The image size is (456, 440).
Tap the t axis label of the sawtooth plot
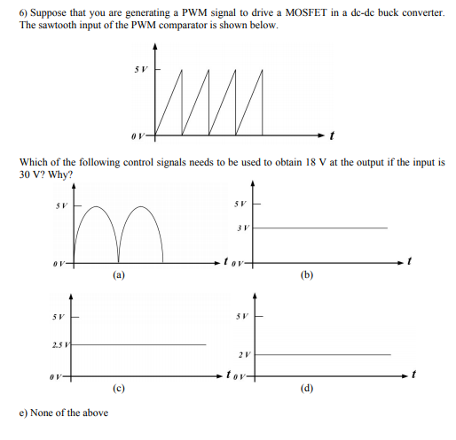(x=330, y=137)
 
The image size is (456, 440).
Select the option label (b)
(x=308, y=275)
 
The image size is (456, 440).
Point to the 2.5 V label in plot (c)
(x=56, y=344)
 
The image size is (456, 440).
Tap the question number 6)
(x=23, y=11)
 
